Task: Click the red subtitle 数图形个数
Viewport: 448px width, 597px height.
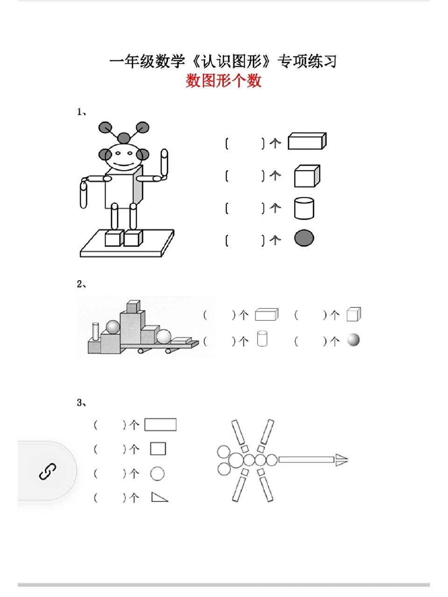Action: [224, 81]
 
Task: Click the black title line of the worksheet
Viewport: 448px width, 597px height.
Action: [223, 61]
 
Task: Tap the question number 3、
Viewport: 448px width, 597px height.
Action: [81, 403]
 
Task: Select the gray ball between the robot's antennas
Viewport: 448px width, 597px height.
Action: [123, 138]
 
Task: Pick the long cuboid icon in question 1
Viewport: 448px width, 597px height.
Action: [307, 141]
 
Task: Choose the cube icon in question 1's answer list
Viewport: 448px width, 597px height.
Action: [307, 176]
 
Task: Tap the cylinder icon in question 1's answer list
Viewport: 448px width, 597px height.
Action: [304, 208]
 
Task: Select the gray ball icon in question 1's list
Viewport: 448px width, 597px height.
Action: [304, 238]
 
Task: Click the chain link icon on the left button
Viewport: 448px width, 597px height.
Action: [47, 472]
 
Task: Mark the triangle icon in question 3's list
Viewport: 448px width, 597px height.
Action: [159, 497]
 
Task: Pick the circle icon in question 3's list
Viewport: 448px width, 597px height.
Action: [158, 474]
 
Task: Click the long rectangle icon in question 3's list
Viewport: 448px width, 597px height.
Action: [160, 424]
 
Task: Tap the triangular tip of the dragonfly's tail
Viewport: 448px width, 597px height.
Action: [342, 460]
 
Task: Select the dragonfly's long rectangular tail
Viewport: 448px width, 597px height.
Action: [306, 460]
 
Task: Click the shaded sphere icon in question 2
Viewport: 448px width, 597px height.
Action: [353, 340]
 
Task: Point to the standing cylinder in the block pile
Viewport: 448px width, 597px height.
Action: [96, 331]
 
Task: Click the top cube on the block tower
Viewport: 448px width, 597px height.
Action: [133, 306]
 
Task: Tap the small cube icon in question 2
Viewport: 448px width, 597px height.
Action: [353, 315]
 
